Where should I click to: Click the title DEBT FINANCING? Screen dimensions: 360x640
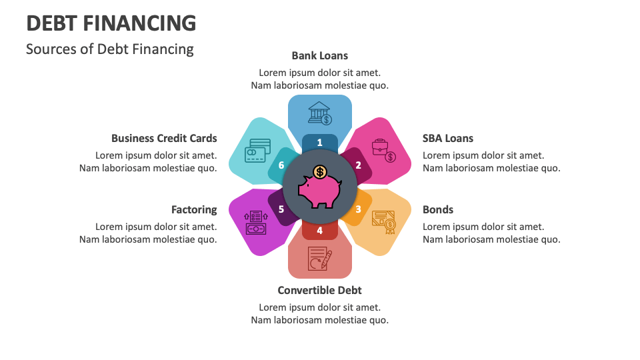click(x=111, y=23)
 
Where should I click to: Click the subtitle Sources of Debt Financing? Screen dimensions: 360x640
click(x=110, y=49)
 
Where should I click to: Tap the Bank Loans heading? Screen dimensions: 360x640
click(x=320, y=55)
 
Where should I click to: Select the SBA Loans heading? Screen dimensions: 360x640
click(x=448, y=138)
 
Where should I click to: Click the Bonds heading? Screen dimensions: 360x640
click(x=438, y=209)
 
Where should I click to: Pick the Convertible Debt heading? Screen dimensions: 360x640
click(x=320, y=290)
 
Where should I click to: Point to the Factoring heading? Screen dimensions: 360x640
click(x=194, y=209)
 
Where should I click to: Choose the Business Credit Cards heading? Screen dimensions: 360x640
click(x=164, y=138)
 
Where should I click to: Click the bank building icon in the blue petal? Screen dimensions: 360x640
click(x=320, y=113)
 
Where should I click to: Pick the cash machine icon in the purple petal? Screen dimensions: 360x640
click(x=255, y=222)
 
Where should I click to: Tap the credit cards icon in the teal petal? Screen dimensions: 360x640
click(x=257, y=150)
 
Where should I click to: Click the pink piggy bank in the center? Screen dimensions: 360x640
click(x=319, y=191)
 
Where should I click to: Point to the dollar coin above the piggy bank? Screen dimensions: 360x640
click(x=320, y=172)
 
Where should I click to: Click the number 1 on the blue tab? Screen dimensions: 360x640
click(x=320, y=142)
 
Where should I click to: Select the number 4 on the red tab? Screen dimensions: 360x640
click(x=320, y=231)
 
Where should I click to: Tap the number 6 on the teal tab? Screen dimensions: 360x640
click(x=281, y=165)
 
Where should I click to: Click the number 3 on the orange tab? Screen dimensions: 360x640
click(x=358, y=209)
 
